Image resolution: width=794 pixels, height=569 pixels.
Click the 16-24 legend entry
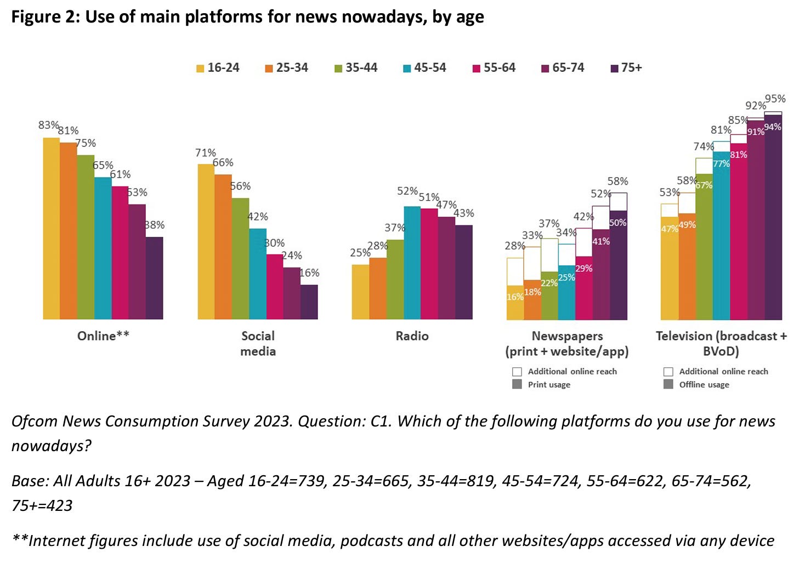218,68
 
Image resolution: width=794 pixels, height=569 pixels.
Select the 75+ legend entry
626,68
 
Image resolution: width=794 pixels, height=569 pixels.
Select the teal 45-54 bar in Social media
258,274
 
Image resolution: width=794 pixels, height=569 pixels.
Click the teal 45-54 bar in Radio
412,263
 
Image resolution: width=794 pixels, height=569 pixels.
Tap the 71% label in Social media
206,153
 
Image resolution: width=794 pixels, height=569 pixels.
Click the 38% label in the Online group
155,225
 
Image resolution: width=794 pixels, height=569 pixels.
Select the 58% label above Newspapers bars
617,181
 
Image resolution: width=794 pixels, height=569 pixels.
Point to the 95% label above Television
775,99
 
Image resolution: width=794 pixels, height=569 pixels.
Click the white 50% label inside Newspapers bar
617,223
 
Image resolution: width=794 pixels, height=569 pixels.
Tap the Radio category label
412,336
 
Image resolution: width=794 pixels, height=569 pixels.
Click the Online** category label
103,336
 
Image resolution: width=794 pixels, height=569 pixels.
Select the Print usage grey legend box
517,384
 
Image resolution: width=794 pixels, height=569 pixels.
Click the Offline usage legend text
704,385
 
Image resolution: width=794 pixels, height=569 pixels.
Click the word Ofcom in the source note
35,421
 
